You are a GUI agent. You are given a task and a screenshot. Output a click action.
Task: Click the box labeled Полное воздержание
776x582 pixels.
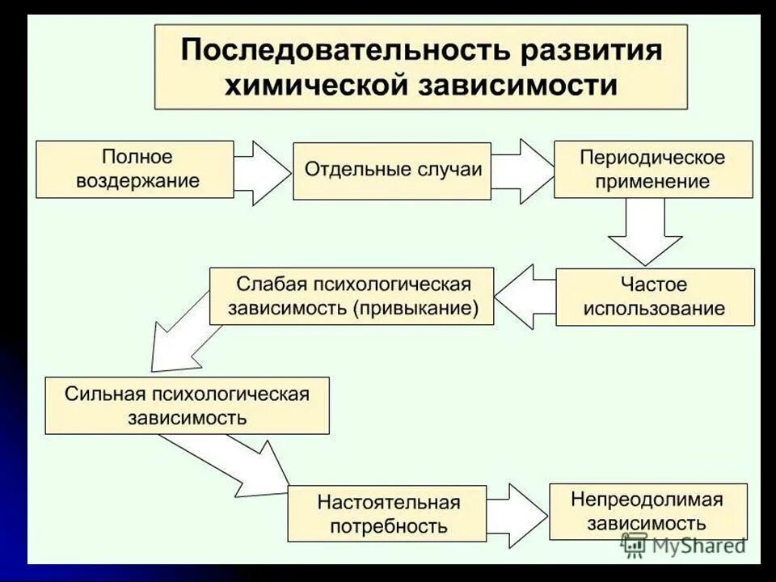(135, 169)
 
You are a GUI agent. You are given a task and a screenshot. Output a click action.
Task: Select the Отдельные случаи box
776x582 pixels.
(392, 171)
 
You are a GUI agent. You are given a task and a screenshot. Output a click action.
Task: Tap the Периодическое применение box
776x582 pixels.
(652, 169)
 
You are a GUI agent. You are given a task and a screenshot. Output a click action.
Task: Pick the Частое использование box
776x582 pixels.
(655, 297)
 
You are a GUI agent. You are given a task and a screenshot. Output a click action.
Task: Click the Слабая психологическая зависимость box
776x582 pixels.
(352, 297)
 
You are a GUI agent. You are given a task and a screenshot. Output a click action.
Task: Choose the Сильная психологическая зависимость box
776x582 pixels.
(187, 405)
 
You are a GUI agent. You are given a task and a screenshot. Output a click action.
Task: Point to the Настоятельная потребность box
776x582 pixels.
(387, 514)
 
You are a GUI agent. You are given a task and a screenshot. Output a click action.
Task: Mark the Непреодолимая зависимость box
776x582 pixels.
(647, 511)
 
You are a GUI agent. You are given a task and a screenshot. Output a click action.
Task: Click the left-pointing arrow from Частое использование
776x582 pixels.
(524, 297)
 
